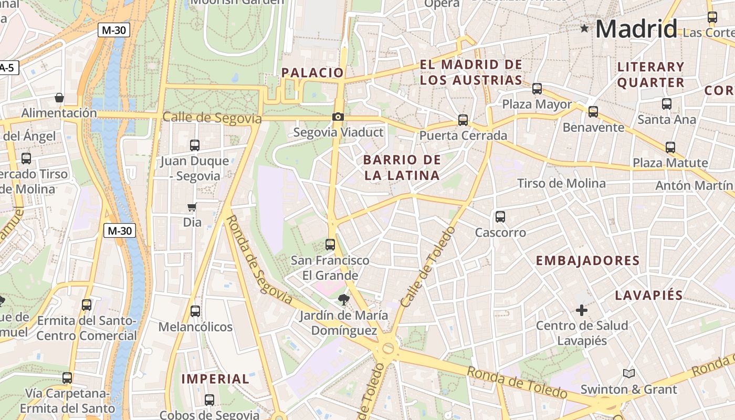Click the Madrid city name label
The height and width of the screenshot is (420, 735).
click(636, 28)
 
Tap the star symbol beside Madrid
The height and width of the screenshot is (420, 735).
click(584, 28)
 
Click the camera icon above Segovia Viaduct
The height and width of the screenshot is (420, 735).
click(338, 117)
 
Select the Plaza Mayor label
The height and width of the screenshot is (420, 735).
click(537, 104)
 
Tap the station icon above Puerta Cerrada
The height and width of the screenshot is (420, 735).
click(463, 120)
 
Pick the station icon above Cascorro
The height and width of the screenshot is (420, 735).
click(500, 216)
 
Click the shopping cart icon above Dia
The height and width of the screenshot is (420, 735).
click(192, 207)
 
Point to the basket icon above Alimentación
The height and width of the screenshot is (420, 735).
click(59, 98)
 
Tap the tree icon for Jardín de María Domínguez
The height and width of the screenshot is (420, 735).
click(344, 300)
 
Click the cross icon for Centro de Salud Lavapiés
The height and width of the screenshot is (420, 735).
click(582, 310)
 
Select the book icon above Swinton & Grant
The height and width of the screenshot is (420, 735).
click(628, 373)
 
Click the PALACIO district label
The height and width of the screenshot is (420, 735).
click(312, 72)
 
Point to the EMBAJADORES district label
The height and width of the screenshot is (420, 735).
click(587, 261)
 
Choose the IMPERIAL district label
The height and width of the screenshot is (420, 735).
click(215, 379)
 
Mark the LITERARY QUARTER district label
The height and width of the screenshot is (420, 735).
click(651, 75)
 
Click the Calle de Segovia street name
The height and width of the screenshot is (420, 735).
click(212, 118)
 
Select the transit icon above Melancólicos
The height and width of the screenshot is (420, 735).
click(195, 311)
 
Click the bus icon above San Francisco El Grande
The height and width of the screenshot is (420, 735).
click(330, 244)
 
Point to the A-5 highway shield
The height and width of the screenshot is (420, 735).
click(7, 68)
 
